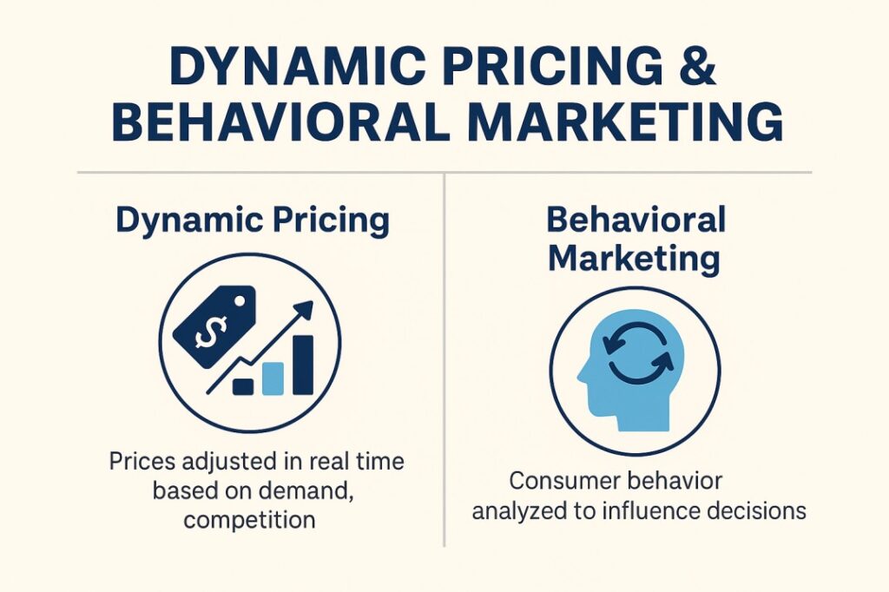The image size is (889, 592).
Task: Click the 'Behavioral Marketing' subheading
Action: click(x=635, y=239)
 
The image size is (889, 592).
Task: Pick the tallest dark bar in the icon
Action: click(x=303, y=365)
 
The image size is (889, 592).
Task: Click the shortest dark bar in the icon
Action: click(x=243, y=385)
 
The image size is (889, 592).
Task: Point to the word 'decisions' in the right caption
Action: click(x=760, y=510)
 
